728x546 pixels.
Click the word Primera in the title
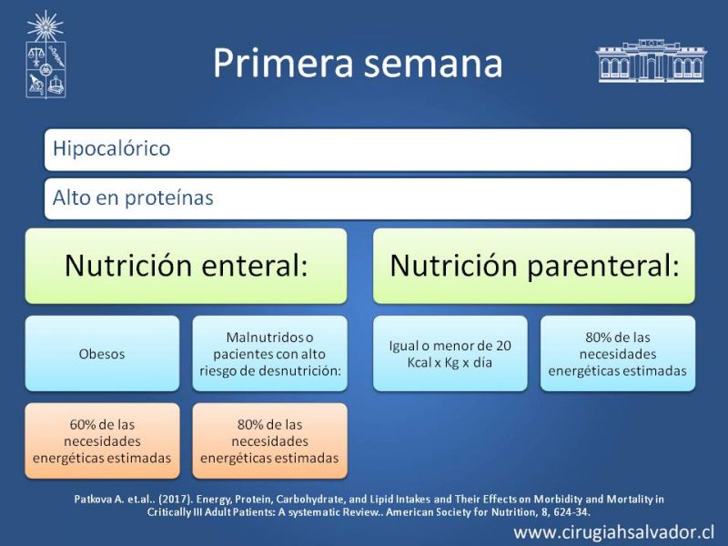pos(283,63)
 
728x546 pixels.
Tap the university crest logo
pos(45,55)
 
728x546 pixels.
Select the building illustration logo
pos(651,61)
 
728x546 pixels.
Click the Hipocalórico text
pos(111,148)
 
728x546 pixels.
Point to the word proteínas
pos(169,197)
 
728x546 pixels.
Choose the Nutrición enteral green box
pos(187,266)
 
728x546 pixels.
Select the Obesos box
pos(102,354)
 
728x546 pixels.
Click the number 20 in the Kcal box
pos(503,346)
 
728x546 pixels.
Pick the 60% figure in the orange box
pos(83,424)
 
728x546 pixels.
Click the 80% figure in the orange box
pos(250,424)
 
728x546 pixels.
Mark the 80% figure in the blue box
pos(599,338)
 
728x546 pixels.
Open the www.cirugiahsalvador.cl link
pos(613,532)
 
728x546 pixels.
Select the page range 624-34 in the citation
pos(571,512)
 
